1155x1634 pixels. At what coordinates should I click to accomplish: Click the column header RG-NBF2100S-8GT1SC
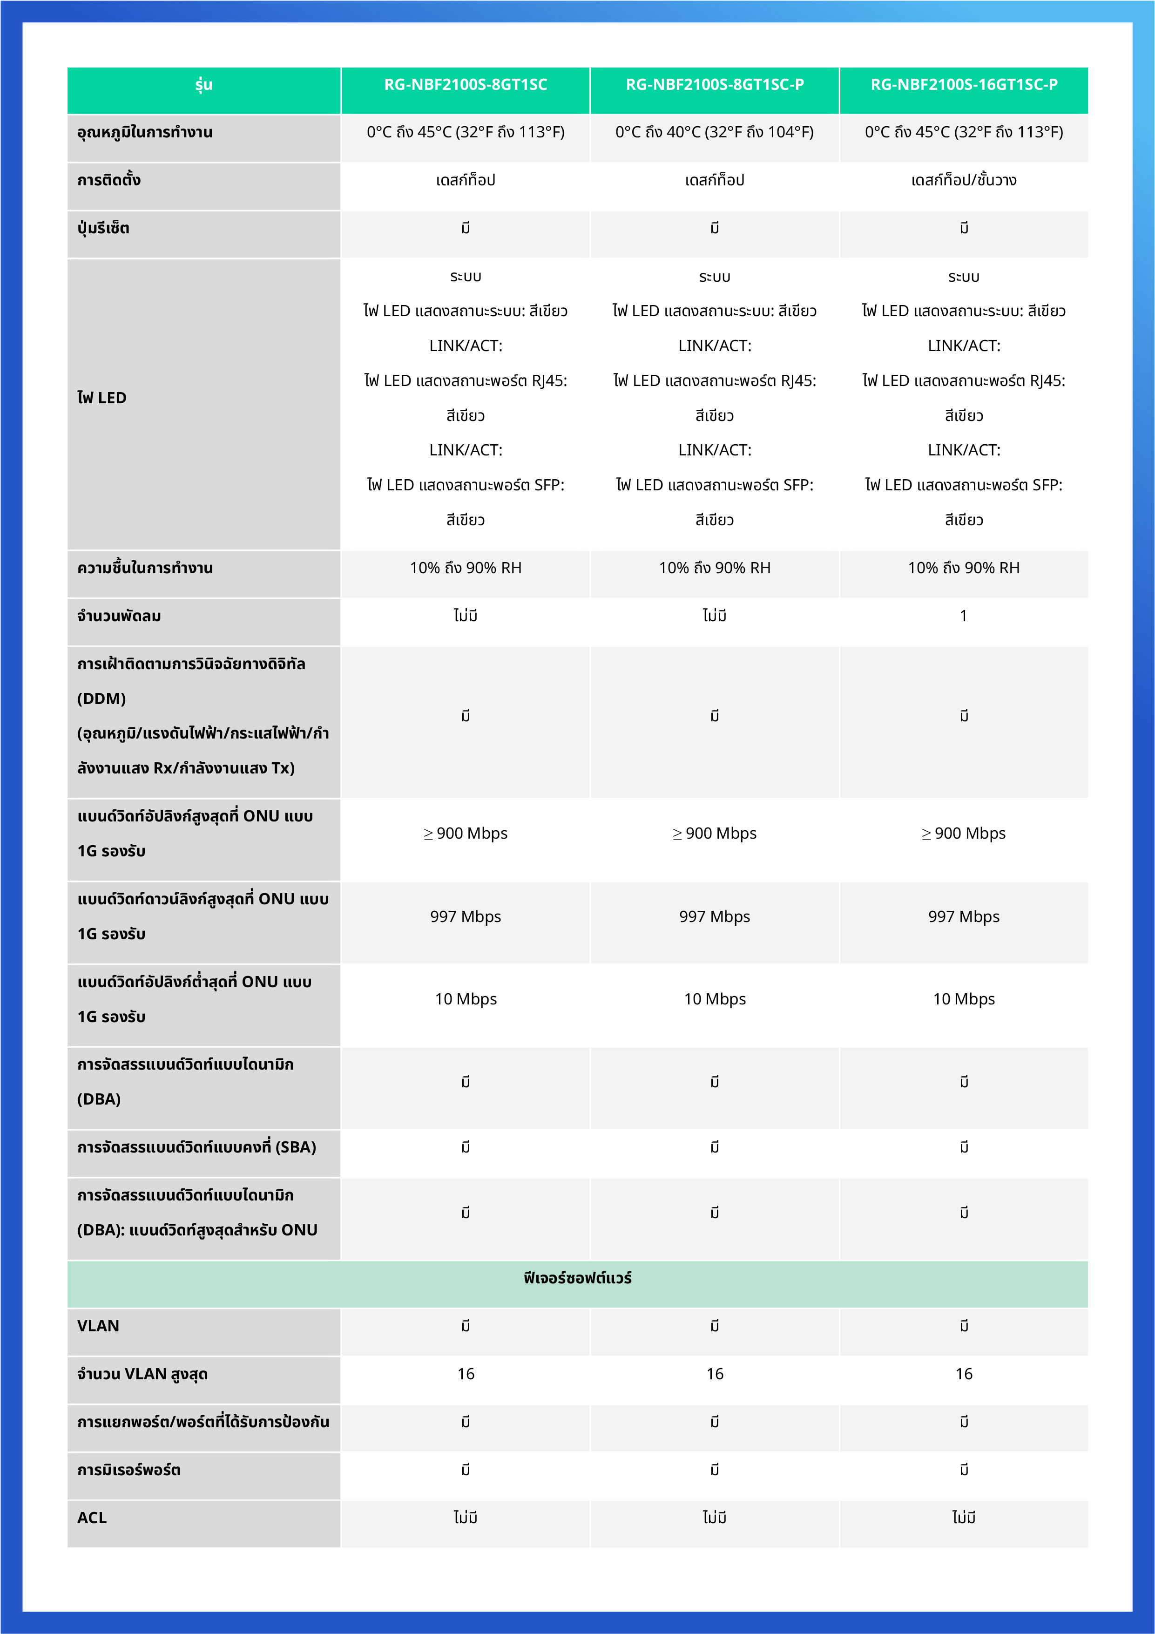point(466,85)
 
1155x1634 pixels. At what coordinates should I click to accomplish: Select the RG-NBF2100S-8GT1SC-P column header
point(715,85)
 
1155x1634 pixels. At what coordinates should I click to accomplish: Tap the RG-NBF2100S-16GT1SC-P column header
point(964,85)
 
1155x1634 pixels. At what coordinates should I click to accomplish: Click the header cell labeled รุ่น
point(203,85)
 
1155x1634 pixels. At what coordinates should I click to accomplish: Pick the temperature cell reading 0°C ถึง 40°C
point(715,132)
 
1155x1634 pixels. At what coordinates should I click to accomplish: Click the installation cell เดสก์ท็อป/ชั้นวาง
point(964,181)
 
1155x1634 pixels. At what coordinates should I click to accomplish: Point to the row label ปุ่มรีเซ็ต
point(103,229)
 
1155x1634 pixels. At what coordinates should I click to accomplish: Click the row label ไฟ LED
point(102,398)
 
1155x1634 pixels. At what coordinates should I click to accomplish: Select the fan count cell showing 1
point(964,617)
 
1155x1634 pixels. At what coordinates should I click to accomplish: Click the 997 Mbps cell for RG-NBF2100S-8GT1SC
point(466,916)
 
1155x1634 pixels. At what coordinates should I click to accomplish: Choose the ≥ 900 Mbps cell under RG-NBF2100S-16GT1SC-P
point(964,834)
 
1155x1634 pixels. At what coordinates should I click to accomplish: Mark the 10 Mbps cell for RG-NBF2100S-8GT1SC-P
point(715,999)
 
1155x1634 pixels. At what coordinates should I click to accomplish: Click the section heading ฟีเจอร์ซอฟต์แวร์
point(577,1278)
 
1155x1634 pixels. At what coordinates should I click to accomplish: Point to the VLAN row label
point(98,1326)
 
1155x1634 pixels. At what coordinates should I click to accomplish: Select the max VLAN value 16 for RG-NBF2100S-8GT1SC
point(466,1374)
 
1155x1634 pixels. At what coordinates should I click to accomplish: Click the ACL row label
point(92,1518)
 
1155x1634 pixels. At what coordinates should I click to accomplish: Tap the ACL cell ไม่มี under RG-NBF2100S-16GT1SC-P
point(964,1518)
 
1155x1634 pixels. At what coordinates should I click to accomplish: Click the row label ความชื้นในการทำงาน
point(145,568)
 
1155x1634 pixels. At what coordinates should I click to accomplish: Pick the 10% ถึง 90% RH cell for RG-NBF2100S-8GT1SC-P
point(715,568)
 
